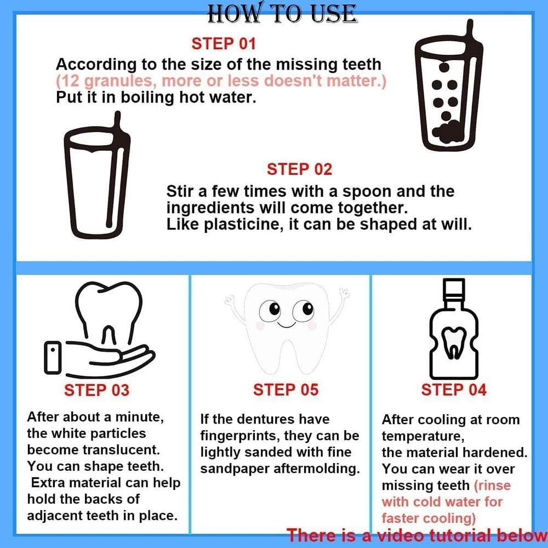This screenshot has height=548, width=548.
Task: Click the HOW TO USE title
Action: pyautogui.click(x=282, y=13)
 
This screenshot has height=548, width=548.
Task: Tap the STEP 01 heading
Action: pyautogui.click(x=224, y=44)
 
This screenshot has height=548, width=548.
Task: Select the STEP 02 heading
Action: pyautogui.click(x=299, y=169)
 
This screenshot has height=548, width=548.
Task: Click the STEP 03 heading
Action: pyautogui.click(x=96, y=390)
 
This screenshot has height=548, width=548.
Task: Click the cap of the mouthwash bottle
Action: pyautogui.click(x=453, y=288)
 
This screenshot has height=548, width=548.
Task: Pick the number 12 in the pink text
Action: pyautogui.click(x=68, y=81)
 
